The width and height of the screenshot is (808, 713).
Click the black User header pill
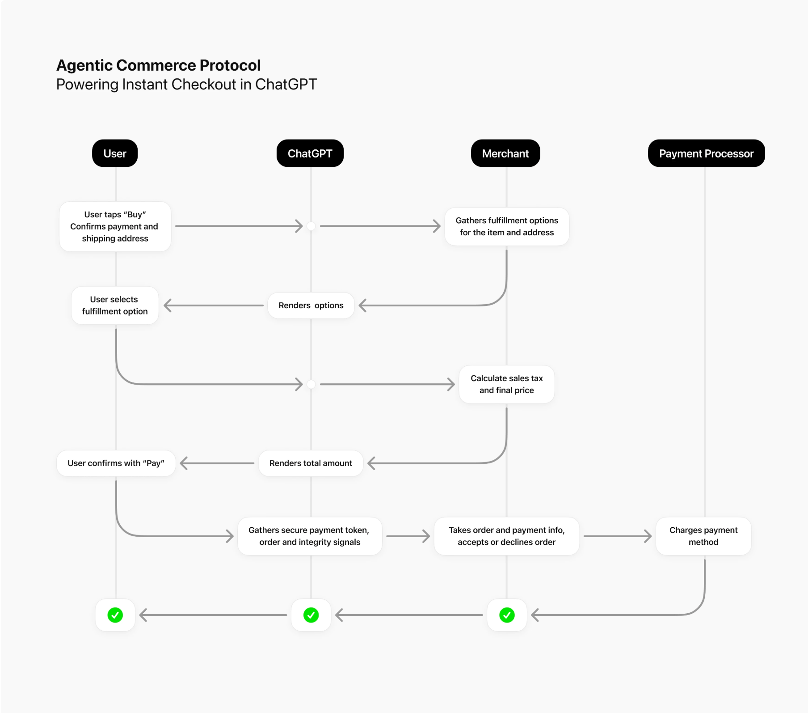point(115,153)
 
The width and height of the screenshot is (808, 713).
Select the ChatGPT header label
point(310,153)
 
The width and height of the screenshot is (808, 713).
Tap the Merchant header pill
point(505,153)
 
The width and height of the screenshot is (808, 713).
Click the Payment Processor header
point(706,153)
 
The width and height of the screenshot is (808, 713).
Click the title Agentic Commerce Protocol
point(158,65)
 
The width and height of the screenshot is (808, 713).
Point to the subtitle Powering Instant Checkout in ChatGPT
point(186,85)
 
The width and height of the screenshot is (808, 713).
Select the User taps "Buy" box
point(115,226)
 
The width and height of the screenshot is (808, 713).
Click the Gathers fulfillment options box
point(506,226)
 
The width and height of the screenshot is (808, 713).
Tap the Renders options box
point(311,306)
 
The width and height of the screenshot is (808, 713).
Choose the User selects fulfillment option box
point(115,306)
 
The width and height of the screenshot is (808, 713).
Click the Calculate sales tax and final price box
point(506,384)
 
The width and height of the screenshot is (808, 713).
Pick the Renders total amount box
point(311,463)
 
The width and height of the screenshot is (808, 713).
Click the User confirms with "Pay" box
point(116,463)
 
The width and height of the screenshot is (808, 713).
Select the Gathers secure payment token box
point(309,536)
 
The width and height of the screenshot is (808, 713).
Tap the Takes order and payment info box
point(506,536)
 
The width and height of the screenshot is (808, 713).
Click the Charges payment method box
point(703,536)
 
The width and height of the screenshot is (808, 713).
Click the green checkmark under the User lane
point(115,615)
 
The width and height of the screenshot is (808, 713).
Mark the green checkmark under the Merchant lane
point(507,615)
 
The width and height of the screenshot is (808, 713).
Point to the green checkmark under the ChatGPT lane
point(311,615)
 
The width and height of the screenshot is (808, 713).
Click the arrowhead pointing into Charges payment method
point(648,536)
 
